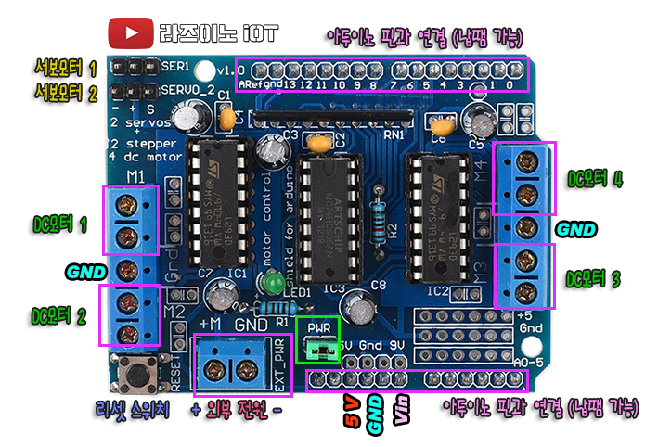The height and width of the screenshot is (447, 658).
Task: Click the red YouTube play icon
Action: point(130,33)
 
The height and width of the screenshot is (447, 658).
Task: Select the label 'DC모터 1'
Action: point(59,223)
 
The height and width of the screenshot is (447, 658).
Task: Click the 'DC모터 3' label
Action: point(595,277)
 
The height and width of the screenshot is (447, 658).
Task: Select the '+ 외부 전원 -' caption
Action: point(237,409)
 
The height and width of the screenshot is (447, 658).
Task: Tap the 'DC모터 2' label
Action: point(59,315)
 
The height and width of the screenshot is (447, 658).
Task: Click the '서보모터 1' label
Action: point(66,68)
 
